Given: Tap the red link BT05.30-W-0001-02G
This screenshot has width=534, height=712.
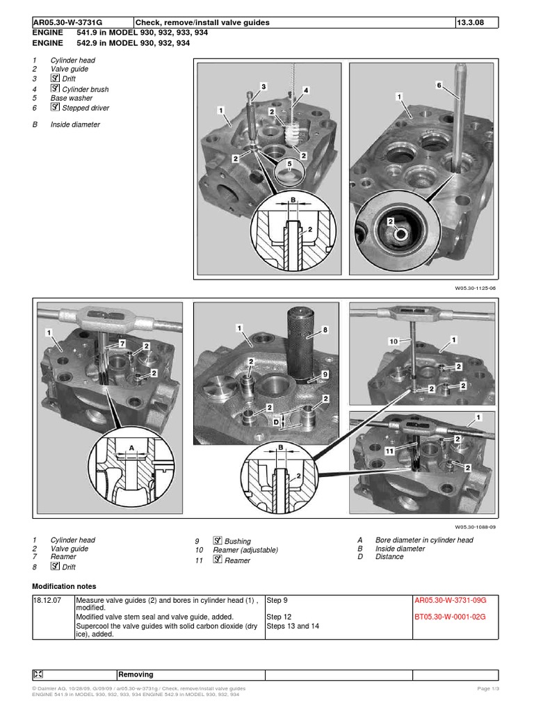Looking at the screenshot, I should point(449,617).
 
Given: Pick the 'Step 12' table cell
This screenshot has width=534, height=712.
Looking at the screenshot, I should point(280,617).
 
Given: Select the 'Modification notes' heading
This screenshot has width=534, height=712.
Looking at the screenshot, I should point(64,586).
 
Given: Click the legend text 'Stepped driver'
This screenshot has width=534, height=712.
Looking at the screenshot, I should point(85,108).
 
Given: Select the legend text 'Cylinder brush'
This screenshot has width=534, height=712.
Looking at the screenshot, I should point(85,90).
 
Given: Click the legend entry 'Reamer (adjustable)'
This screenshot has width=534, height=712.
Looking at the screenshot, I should point(245,550).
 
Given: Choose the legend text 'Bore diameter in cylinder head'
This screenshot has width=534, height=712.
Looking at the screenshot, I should point(424,540).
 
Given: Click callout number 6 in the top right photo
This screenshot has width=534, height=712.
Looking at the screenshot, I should point(439,85).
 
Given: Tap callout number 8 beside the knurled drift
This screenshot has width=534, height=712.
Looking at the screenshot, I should point(324,330).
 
